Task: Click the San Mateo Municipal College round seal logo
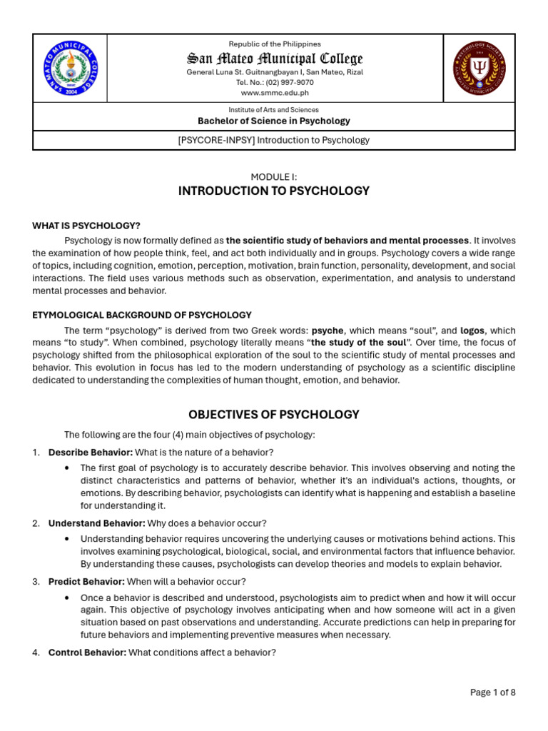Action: click(x=70, y=69)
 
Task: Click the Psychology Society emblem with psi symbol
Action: click(x=479, y=69)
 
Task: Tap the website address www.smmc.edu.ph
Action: click(x=274, y=93)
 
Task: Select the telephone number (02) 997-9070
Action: click(x=285, y=82)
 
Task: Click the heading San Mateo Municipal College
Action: click(x=274, y=59)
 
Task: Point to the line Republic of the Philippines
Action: click(x=274, y=44)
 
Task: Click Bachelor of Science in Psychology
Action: click(x=274, y=121)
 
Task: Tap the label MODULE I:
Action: click(x=274, y=176)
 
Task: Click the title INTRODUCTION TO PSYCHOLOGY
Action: click(x=274, y=191)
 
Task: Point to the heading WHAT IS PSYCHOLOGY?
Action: click(x=86, y=226)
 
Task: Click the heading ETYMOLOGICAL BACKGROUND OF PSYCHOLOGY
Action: click(x=141, y=315)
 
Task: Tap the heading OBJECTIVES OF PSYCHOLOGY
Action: click(x=274, y=415)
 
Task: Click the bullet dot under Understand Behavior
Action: click(x=66, y=538)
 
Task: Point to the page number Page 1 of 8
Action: click(x=492, y=692)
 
